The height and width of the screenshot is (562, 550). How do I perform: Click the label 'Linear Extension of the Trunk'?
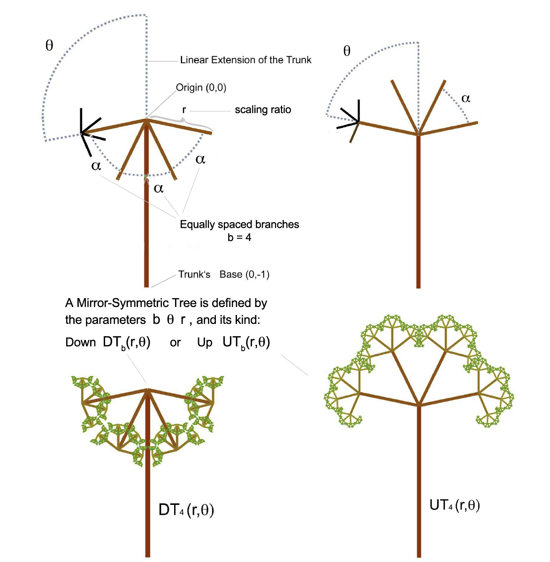coord(245,60)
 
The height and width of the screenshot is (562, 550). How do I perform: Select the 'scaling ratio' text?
coord(263,110)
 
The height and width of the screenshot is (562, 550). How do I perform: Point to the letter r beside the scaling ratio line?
coord(184,110)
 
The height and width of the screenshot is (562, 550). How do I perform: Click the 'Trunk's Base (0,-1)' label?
coord(223,275)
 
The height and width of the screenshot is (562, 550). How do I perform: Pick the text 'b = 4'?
coord(239,238)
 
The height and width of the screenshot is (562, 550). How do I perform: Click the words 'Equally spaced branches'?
coord(239,225)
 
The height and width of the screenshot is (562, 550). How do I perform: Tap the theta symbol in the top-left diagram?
coord(49,45)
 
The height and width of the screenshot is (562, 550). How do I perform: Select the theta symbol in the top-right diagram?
coord(347,51)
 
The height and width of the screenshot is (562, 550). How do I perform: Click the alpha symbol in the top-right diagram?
coord(466,98)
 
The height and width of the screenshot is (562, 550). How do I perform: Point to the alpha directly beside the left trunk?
coord(159,188)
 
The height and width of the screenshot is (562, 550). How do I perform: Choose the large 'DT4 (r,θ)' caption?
coord(186,510)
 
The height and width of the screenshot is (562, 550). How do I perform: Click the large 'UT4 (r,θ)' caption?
coord(455,505)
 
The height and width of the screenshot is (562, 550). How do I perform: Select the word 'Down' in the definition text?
coord(80,343)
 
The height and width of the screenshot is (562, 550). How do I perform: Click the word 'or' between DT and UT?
coord(175,343)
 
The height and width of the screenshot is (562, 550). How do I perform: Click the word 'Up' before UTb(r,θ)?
coord(205,343)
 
